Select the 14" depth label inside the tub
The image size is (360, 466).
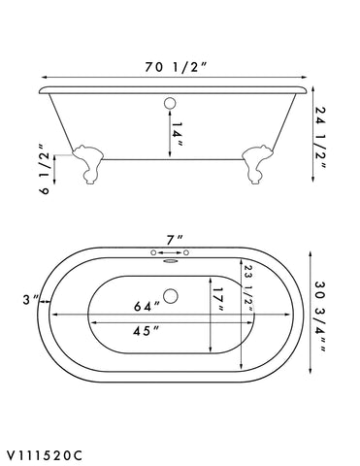[178, 131]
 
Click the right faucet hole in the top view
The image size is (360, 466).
[193, 250]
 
